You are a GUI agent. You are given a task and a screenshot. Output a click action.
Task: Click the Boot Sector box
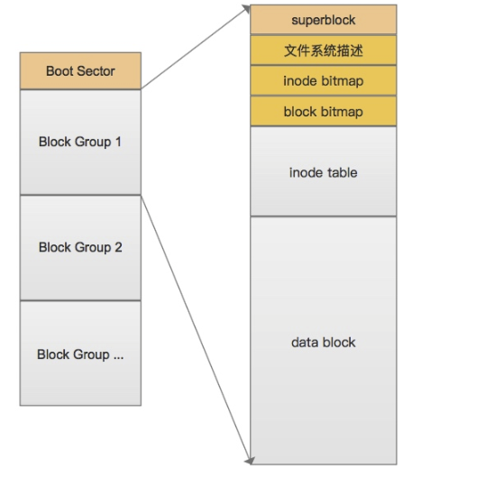80,71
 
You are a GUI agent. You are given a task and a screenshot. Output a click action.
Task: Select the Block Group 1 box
80,142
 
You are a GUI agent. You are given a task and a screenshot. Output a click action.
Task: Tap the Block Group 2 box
80,248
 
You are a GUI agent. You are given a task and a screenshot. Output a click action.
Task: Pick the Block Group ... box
80,353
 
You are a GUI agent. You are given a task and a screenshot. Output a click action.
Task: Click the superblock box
324,20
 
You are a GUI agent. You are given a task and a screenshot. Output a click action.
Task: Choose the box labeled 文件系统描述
324,51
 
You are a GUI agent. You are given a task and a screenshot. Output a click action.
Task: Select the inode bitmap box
324,80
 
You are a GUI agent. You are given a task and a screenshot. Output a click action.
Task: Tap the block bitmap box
324,111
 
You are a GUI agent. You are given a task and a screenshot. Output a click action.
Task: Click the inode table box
324,171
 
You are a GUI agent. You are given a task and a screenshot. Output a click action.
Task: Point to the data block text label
324,343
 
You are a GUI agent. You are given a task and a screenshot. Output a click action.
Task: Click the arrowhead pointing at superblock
246,8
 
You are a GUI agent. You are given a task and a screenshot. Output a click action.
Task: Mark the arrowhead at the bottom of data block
250,461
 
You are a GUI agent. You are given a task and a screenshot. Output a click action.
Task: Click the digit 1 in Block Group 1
118,142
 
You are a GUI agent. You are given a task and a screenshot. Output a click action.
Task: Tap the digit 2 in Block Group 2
118,247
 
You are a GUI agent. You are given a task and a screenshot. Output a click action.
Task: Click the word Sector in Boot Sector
96,71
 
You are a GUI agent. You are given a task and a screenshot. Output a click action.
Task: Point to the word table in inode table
343,172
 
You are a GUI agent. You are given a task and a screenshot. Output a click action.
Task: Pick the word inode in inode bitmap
300,81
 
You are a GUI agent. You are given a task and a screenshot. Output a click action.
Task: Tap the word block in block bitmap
300,112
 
